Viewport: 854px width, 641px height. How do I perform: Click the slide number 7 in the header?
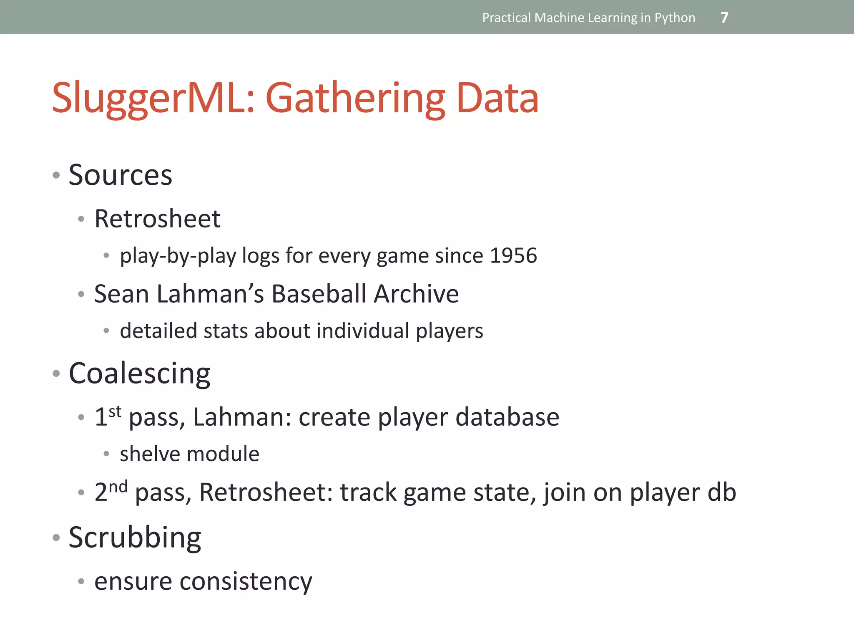click(724, 18)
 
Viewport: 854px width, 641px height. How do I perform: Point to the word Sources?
click(121, 175)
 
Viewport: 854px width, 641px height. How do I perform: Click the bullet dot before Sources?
click(56, 175)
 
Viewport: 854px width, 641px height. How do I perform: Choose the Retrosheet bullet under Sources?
click(157, 219)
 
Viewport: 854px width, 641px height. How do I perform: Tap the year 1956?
click(513, 255)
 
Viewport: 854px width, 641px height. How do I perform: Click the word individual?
click(363, 331)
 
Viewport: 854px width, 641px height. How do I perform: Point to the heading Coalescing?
click(140, 373)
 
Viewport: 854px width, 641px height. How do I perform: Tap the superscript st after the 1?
click(115, 411)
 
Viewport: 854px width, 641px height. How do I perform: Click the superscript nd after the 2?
click(118, 487)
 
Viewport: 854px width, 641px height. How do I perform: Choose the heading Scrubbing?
click(135, 538)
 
